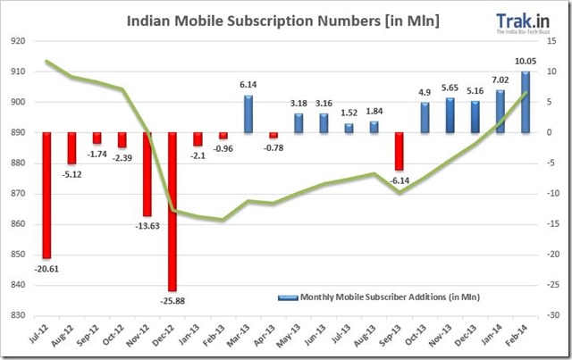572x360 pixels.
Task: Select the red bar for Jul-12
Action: (46, 195)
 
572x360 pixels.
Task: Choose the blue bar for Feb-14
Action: (525, 102)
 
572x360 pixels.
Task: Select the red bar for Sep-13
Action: (400, 151)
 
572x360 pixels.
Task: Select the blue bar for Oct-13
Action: (425, 117)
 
